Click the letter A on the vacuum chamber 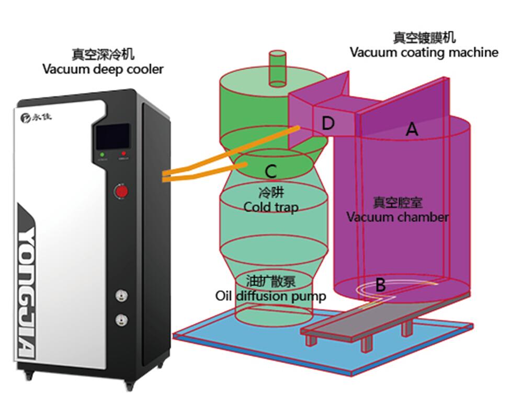[412, 129]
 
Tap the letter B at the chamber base [381, 285]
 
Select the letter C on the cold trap [270, 171]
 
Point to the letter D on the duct [327, 124]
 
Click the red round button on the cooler [121, 192]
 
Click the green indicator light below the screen [102, 154]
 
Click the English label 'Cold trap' [271, 207]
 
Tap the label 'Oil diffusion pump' [271, 296]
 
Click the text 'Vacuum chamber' [397, 217]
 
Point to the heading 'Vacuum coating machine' [424, 52]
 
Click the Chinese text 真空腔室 [397, 202]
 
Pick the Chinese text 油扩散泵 [271, 282]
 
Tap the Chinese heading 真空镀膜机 [424, 38]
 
